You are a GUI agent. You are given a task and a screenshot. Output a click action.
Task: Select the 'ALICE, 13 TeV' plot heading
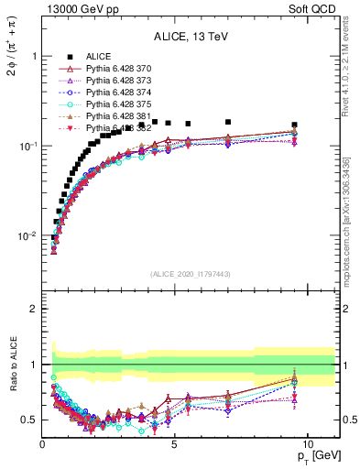191,37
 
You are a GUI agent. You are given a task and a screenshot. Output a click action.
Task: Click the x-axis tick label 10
307,443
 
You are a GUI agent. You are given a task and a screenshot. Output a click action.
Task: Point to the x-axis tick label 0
43,443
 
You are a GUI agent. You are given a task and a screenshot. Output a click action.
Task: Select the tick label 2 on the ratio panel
31,309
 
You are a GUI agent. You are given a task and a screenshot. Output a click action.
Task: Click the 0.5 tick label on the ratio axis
27,420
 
